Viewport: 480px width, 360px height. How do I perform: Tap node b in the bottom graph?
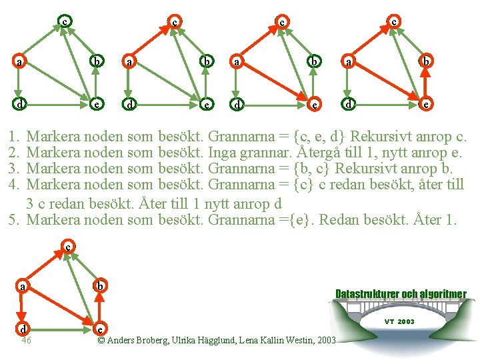99,287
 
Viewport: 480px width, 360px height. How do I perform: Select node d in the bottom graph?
23,329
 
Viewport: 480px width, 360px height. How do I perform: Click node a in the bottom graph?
23,287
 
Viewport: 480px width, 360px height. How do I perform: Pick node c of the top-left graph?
64,21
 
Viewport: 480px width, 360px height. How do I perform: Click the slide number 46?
26,340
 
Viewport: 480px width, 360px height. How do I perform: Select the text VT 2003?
399,321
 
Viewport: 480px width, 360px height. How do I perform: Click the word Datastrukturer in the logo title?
367,294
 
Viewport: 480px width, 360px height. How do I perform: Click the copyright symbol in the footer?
101,340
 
